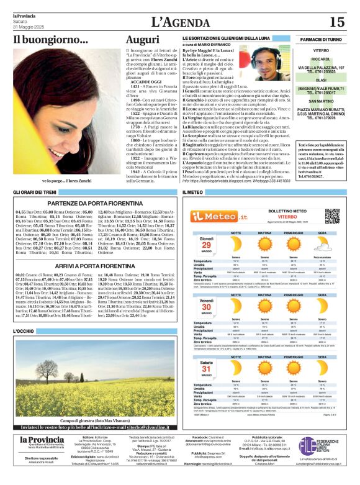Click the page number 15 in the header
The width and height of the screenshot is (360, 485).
coord(336,22)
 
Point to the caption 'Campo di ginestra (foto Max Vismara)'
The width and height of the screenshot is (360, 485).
coord(92,404)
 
